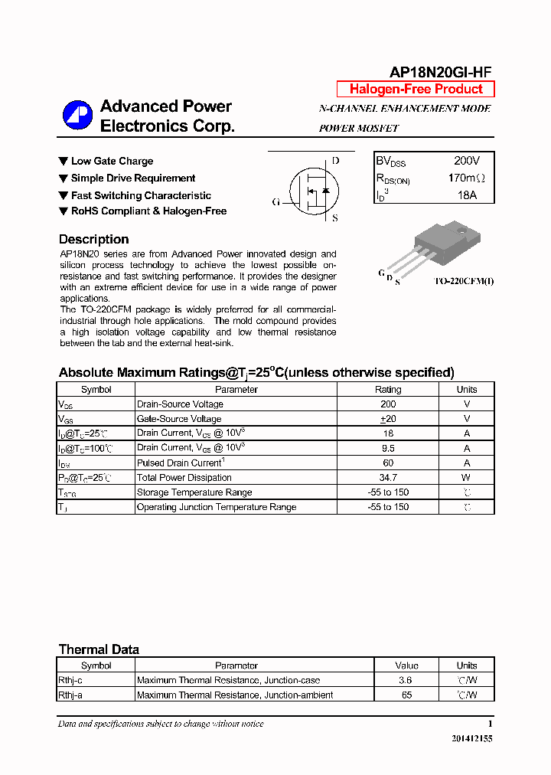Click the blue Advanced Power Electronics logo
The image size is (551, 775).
tap(77, 116)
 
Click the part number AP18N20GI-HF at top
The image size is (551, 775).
tap(441, 73)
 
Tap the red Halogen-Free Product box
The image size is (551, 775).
tap(416, 89)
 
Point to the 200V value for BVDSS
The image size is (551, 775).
tap(467, 162)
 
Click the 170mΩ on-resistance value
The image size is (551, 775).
tap(467, 178)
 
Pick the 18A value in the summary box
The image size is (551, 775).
tap(467, 195)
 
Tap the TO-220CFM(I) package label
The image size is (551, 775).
tap(465, 282)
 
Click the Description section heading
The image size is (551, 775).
tap(93, 239)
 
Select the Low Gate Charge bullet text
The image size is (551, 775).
tap(112, 161)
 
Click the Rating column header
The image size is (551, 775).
tap(388, 389)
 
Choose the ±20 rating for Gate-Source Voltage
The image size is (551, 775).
tap(388, 419)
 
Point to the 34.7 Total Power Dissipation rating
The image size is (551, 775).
tap(388, 478)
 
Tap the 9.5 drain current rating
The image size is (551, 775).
tap(388, 448)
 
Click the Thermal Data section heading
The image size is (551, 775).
tap(99, 649)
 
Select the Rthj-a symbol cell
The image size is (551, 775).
tap(70, 695)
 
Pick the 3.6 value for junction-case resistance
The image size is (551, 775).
tap(406, 680)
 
